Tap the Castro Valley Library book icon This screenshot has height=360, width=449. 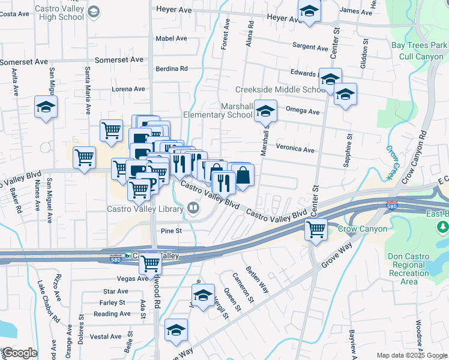[x=193, y=208]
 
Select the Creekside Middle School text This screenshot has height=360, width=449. [x=280, y=89]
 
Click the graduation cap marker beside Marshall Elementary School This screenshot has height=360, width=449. [x=265, y=112]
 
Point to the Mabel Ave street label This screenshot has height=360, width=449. [x=172, y=38]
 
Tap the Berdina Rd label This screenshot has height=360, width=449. [x=172, y=68]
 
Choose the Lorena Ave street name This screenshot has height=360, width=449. [x=128, y=89]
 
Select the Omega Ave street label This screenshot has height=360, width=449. [x=303, y=110]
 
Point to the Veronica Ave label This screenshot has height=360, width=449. [x=295, y=149]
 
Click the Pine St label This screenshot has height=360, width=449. [x=171, y=230]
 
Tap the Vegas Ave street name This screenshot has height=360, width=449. [x=132, y=278]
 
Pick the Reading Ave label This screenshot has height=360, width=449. [x=112, y=314]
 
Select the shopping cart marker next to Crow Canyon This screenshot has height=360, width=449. [x=316, y=229]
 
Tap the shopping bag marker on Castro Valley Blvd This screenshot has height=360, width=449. [x=244, y=176]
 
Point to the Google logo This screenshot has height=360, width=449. [x=19, y=353]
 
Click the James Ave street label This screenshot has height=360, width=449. [x=357, y=11]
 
